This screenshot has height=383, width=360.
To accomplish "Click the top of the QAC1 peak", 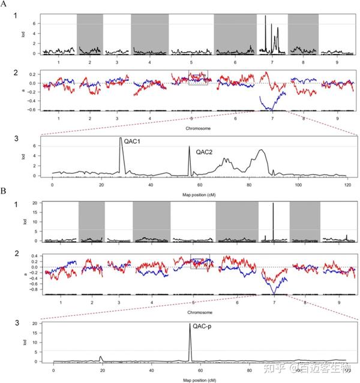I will tap(121, 138).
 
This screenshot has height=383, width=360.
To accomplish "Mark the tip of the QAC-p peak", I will tap(190, 324).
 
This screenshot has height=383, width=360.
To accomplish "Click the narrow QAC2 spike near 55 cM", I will tap(190, 147).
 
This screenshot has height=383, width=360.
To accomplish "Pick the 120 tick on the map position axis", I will tap(347, 183).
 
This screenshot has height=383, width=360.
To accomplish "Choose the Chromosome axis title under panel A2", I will tap(199, 127).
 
